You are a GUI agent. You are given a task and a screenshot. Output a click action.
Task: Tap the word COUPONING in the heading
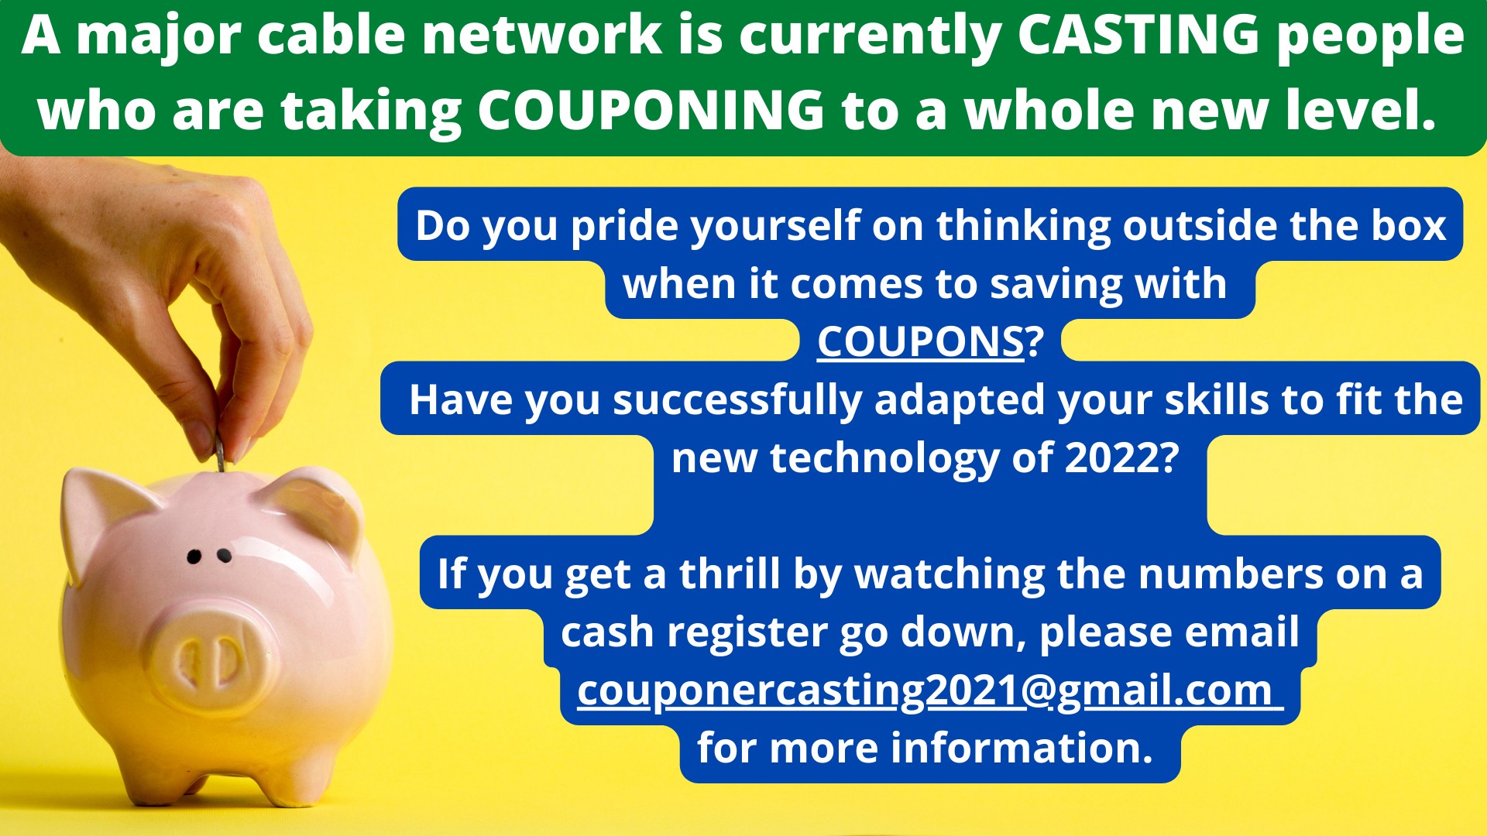651,109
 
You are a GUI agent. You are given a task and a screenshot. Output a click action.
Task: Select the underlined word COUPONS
921,341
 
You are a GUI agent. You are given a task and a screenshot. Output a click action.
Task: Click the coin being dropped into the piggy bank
220,451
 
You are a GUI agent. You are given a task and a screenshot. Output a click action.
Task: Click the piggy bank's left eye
194,556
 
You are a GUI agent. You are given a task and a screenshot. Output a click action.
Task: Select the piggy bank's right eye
224,555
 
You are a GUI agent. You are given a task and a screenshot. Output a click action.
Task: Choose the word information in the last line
1022,748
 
